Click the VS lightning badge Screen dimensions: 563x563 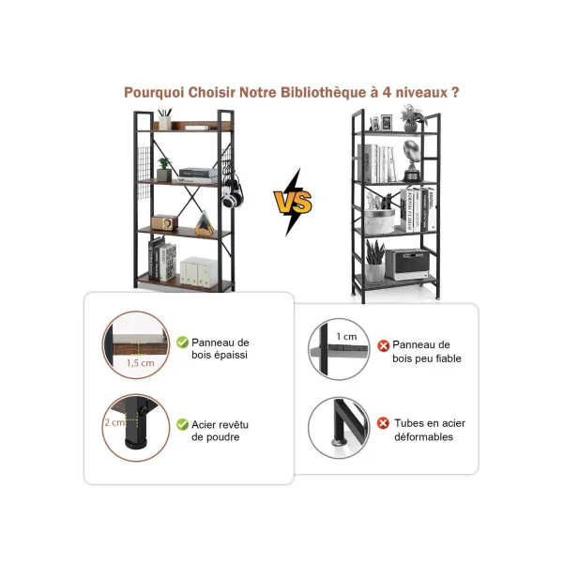pyautogui.click(x=293, y=202)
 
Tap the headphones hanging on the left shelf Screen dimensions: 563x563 pyautogui.click(x=232, y=192)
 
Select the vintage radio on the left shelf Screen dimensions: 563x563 pyautogui.click(x=164, y=222)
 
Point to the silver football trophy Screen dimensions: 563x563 pyautogui.click(x=412, y=160)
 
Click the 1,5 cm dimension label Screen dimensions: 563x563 pyautogui.click(x=141, y=363)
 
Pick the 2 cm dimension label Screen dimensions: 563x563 pyautogui.click(x=114, y=422)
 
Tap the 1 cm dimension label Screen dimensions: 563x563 pyautogui.click(x=347, y=337)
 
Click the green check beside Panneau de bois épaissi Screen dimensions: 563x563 pyautogui.click(x=182, y=342)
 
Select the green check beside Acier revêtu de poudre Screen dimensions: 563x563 pyautogui.click(x=182, y=424)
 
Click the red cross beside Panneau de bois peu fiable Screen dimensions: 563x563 pyautogui.click(x=383, y=345)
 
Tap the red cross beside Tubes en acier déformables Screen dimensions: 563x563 pyautogui.click(x=383, y=423)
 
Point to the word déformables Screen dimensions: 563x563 pyautogui.click(x=424, y=437)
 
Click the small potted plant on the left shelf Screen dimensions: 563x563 pyautogui.click(x=164, y=169)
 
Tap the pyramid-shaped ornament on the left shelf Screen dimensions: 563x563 pyautogui.click(x=205, y=223)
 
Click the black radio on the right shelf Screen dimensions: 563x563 pyautogui.click(x=407, y=265)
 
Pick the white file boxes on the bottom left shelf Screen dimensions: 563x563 pyautogui.click(x=198, y=272)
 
